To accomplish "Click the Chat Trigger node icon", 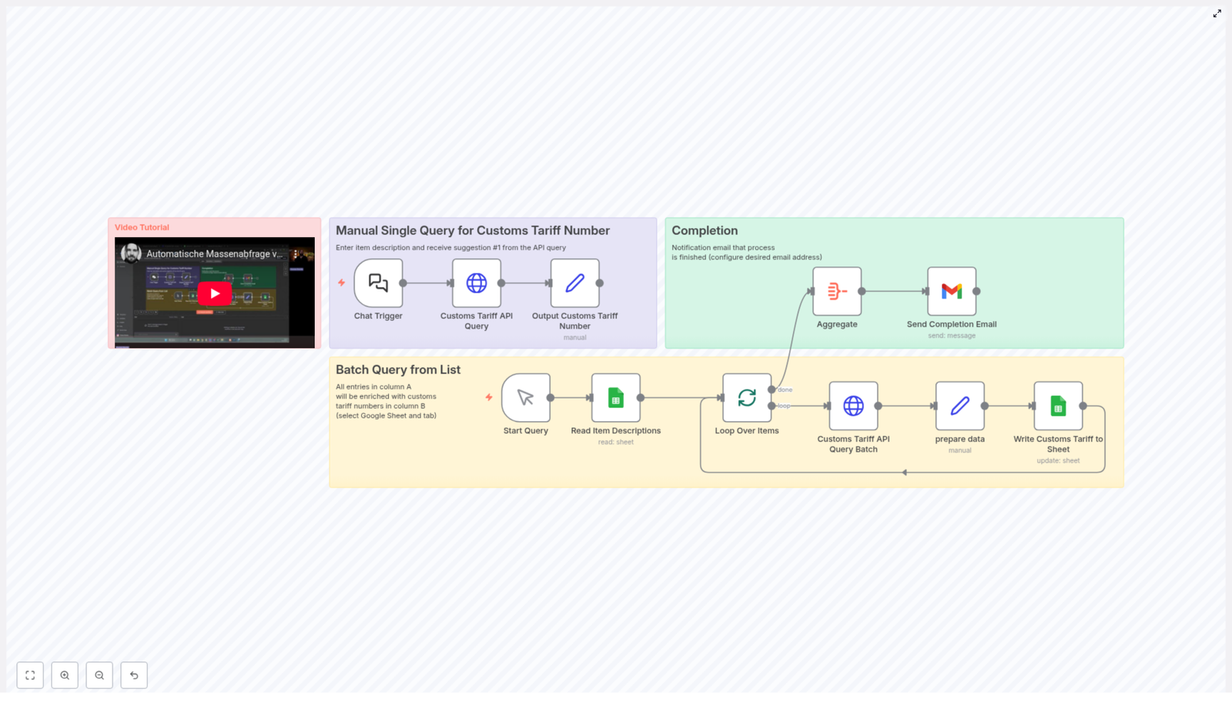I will [378, 283].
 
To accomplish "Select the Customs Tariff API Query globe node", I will [477, 283].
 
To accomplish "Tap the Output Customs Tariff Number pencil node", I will [575, 283].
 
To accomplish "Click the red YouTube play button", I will [214, 293].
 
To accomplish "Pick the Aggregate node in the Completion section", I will [837, 292].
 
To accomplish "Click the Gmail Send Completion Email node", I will [952, 292].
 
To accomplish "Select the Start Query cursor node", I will [526, 398].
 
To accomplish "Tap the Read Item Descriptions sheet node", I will [616, 398].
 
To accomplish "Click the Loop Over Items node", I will [747, 398].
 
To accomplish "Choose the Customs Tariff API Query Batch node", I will [853, 406].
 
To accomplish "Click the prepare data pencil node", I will [960, 406].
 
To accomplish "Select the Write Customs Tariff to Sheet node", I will [1058, 406].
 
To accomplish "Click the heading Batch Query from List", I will [398, 370].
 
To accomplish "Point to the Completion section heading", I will [705, 231].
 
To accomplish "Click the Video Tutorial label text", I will [142, 228].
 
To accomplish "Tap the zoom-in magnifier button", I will [65, 675].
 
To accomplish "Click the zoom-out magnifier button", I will [99, 675].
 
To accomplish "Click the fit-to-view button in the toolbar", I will [30, 675].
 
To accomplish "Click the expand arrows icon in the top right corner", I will [1217, 14].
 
